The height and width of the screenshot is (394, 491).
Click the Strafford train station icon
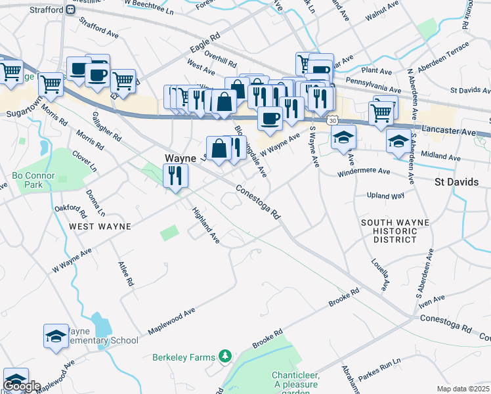[68, 10]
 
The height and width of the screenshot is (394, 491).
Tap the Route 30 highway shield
[333, 121]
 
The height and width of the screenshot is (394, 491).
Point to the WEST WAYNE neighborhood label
[100, 226]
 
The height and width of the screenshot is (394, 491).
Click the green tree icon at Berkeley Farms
[226, 356]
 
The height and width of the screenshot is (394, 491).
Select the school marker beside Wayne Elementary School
[56, 337]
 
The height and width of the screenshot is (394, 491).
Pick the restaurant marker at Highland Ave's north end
[176, 175]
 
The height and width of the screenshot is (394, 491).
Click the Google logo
[22, 385]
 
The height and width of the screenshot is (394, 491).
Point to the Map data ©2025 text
[463, 389]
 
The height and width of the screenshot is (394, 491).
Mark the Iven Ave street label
[431, 299]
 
